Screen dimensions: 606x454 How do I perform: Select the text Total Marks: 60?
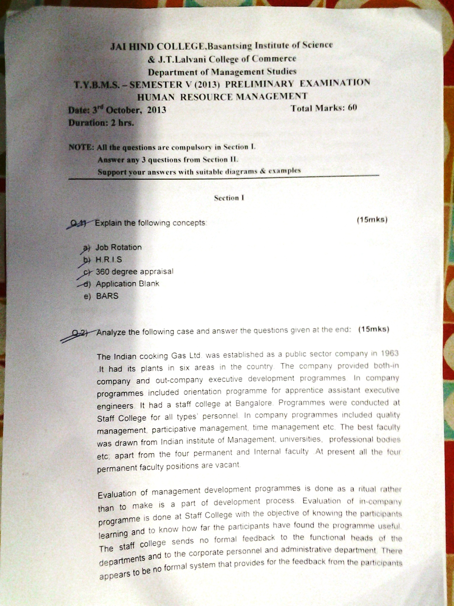[324, 108]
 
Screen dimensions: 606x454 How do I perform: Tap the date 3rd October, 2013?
[129, 110]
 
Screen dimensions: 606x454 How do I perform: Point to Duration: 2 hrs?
[101, 123]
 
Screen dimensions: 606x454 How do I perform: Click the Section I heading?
[229, 198]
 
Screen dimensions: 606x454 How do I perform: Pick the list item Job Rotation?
[119, 247]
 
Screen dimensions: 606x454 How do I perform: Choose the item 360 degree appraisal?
[134, 271]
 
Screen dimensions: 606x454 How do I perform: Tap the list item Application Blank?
[127, 283]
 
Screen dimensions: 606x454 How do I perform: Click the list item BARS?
[107, 296]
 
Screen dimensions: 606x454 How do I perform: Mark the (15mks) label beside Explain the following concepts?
[372, 220]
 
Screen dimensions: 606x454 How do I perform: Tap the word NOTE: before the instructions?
[81, 147]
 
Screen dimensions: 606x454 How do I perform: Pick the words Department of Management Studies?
[222, 72]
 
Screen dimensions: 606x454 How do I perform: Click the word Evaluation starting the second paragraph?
[117, 494]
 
